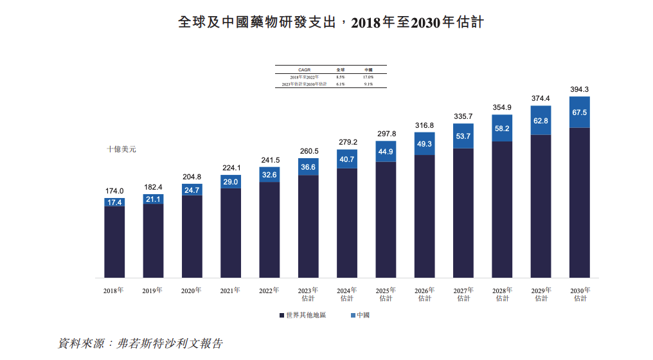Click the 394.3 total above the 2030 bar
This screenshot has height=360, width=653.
tap(580, 89)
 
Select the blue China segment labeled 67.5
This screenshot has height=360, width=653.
tap(580, 113)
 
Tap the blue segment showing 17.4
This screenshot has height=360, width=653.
tap(114, 202)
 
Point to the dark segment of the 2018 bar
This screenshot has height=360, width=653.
tap(114, 242)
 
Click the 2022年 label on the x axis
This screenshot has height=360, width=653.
tap(269, 290)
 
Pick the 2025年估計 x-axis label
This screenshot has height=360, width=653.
tap(386, 294)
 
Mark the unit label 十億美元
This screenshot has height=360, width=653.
tap(121, 149)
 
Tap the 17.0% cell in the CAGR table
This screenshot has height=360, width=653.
tap(368, 77)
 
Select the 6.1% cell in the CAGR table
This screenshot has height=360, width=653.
tap(341, 84)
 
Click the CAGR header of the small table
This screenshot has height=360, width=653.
tap(304, 69)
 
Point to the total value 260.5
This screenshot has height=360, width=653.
tap(309, 152)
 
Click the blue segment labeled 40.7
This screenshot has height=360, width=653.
tap(347, 159)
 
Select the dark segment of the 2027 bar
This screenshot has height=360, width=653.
tap(463, 213)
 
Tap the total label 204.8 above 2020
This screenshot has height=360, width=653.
tap(192, 177)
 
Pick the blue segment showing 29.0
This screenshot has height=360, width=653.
tap(231, 182)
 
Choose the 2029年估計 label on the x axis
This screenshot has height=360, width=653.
tap(541, 294)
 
